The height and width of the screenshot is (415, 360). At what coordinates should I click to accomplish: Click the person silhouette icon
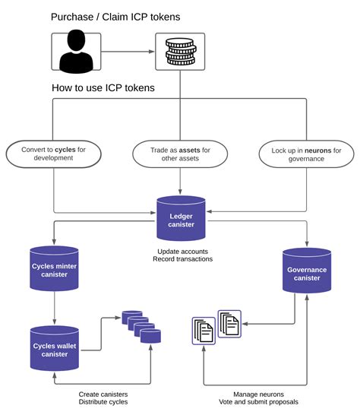pos(76,52)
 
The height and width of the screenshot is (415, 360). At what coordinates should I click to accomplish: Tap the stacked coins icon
pos(181,52)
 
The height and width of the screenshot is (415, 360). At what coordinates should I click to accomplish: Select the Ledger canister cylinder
pos(181,218)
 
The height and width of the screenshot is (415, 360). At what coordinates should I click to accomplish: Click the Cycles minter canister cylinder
pos(54,268)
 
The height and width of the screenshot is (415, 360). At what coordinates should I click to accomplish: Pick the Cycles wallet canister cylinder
pos(55,348)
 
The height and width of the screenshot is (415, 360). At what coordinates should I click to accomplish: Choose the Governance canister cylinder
pos(307,271)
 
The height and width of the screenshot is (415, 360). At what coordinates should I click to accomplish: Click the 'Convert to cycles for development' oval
pos(53,154)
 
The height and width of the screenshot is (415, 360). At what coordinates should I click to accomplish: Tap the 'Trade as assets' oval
pos(180,154)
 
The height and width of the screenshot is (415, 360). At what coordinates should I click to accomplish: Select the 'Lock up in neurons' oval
pos(306,154)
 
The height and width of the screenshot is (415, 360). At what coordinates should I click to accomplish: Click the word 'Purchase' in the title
pos(72,17)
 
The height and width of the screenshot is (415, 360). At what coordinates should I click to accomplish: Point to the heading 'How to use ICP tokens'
pos(103,88)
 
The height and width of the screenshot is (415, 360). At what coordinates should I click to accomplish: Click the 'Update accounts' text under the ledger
pos(183,252)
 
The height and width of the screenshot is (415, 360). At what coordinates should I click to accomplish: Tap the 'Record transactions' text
pos(183,259)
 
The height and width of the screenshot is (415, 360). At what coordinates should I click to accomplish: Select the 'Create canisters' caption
pos(103,394)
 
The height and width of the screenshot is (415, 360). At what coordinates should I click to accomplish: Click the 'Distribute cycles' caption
pos(103,402)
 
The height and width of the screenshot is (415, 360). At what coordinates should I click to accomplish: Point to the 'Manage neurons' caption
pos(259,394)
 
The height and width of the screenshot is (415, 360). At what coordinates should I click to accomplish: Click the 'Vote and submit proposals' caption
pos(259,402)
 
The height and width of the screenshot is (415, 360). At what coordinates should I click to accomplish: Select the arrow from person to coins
pos(128,52)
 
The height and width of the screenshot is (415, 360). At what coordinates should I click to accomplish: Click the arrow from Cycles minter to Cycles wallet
pos(55,308)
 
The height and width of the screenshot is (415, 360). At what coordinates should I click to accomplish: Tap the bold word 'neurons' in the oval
pos(318,150)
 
